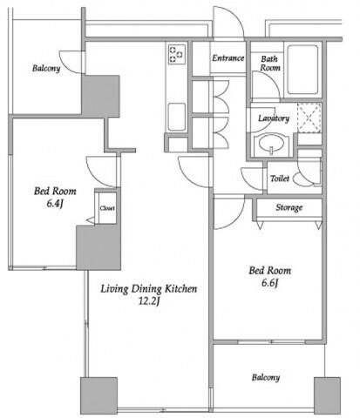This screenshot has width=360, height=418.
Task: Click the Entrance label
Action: (228, 58)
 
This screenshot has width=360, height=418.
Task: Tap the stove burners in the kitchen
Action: (177, 54)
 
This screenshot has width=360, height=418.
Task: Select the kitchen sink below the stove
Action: (177, 117)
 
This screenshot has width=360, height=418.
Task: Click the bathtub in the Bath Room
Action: (302, 70)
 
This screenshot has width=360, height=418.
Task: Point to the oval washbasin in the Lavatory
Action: (272, 145)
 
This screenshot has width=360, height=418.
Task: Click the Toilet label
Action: (280, 179)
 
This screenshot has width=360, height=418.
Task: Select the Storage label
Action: (289, 207)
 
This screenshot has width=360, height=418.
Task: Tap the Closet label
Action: (107, 208)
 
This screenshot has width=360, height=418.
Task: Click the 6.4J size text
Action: (55, 203)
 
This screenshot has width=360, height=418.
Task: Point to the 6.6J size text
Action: (270, 283)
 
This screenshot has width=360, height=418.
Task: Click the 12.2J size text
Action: (149, 301)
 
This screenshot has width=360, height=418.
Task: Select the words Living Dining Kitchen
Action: (149, 289)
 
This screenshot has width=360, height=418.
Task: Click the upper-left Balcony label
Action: (46, 69)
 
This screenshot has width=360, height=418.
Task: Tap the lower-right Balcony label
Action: (266, 377)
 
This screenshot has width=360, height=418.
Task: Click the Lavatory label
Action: (274, 118)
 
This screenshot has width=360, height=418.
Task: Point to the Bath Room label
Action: (270, 64)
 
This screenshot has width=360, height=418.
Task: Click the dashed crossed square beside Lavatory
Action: (309, 118)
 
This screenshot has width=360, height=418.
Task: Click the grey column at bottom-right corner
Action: (327, 395)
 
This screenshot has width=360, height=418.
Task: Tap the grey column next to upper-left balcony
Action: (101, 96)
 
